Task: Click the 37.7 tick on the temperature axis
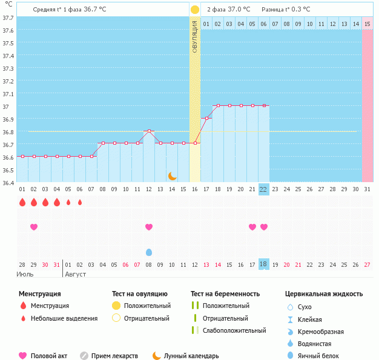[8, 18]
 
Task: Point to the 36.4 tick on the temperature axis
[8, 182]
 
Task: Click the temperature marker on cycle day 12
[149, 131]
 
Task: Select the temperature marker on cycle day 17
[206, 118]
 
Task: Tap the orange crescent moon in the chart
[173, 175]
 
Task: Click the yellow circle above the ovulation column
[195, 10]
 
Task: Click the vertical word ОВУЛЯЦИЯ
[195, 36]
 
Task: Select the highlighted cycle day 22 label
[263, 189]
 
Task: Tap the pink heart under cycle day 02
[34, 227]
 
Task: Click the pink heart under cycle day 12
[149, 227]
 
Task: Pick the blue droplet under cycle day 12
[149, 252]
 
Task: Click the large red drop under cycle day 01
[22, 203]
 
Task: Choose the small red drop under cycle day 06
[80, 203]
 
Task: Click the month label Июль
[25, 274]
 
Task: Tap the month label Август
[76, 274]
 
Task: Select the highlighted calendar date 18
[263, 264]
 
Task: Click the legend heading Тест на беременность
[225, 293]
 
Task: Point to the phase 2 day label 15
[367, 24]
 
